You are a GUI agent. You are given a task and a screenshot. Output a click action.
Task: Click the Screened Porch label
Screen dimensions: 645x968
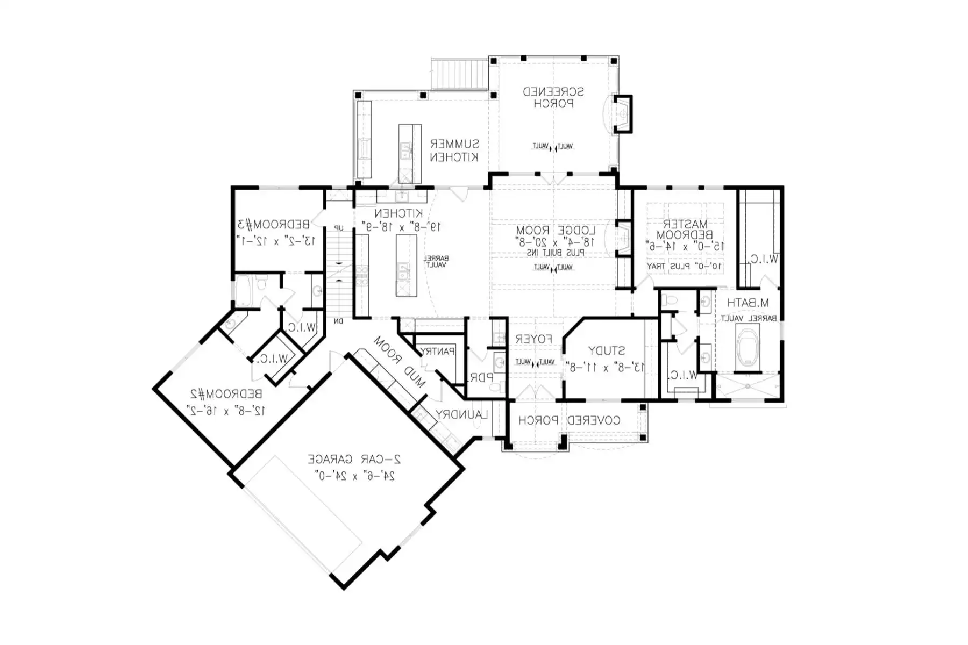pos(553,97)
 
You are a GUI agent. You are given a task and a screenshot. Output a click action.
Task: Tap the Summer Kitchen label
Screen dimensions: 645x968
pos(454,150)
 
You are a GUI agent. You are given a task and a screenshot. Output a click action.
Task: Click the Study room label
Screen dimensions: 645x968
pos(606,351)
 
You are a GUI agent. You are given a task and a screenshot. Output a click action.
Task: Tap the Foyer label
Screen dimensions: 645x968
pos(533,339)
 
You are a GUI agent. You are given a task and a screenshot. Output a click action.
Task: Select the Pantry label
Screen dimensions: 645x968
pos(437,351)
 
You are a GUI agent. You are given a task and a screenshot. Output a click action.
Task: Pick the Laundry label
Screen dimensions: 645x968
pos(461,414)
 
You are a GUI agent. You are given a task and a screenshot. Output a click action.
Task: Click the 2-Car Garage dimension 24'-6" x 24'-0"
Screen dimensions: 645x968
pos(354,476)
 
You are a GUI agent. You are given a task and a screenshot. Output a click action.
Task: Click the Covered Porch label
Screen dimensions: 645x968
pos(569,420)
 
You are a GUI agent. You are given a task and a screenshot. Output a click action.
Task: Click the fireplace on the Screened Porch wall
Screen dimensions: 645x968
pos(623,113)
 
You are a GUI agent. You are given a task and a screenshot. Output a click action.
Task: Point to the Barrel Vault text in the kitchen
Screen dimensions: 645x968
pos(437,262)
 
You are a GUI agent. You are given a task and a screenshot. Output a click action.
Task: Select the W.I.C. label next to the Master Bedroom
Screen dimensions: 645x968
pos(764,259)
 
